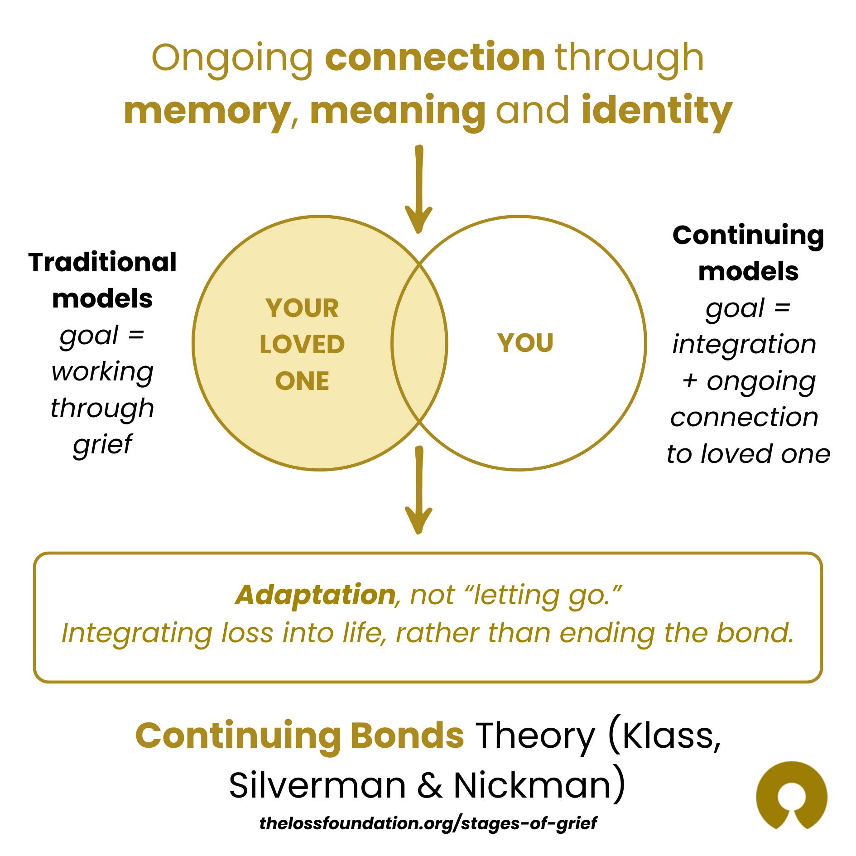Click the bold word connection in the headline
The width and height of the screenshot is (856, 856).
coord(435,58)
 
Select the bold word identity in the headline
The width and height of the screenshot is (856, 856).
coord(657,111)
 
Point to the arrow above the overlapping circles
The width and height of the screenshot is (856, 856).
coord(419,189)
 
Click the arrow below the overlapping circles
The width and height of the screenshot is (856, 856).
coord(419,490)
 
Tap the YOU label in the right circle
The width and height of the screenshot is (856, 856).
coord(525,343)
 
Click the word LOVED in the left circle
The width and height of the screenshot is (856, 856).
coord(302,345)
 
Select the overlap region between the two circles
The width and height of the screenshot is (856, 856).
coord(419,343)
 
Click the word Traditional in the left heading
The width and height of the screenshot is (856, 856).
coord(102,262)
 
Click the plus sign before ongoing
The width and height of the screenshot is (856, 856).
coord(690,381)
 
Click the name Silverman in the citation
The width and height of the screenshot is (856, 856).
coord(317,786)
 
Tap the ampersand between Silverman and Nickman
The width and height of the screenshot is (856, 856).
coord(430,786)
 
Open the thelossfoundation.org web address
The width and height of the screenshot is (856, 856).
coord(428,823)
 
